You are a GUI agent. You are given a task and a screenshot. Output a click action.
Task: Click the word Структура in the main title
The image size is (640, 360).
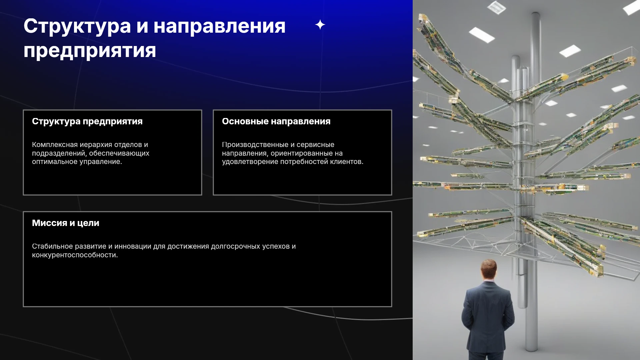click(77, 27)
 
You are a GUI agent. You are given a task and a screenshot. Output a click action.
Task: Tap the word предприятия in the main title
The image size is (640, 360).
click(90, 51)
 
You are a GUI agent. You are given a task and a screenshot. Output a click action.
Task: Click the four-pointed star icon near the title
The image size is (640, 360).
click(320, 25)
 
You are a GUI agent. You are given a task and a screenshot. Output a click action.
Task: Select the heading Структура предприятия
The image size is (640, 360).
click(87, 121)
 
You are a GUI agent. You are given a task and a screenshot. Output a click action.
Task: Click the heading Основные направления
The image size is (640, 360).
click(276, 121)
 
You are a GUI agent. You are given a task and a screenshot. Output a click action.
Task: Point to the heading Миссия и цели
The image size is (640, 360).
click(66, 223)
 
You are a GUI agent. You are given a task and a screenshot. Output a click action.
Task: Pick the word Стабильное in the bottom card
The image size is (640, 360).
click(52, 246)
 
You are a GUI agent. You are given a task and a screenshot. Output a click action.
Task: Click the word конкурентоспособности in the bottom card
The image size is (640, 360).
click(75, 255)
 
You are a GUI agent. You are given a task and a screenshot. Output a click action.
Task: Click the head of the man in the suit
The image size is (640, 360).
click(489, 270)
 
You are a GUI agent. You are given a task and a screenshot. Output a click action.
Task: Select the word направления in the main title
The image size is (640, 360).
click(219, 27)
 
